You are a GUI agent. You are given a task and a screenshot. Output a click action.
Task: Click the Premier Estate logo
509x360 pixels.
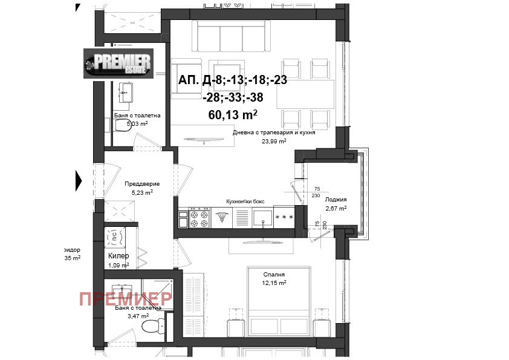click(x=118, y=64)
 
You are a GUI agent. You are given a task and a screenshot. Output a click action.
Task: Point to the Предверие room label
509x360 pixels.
click(x=142, y=184)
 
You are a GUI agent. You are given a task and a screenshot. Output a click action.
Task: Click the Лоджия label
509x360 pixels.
click(x=336, y=199)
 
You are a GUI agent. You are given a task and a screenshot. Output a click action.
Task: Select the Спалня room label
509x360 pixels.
click(x=274, y=273)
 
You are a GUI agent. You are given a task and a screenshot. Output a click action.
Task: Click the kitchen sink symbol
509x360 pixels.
click(x=262, y=218)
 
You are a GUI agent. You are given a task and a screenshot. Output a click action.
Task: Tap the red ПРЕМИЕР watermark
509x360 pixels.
click(x=125, y=298)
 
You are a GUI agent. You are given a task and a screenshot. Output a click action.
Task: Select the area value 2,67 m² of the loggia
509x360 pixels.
click(x=336, y=208)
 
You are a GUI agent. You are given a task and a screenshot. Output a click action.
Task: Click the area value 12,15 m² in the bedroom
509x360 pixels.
click(x=274, y=282)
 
